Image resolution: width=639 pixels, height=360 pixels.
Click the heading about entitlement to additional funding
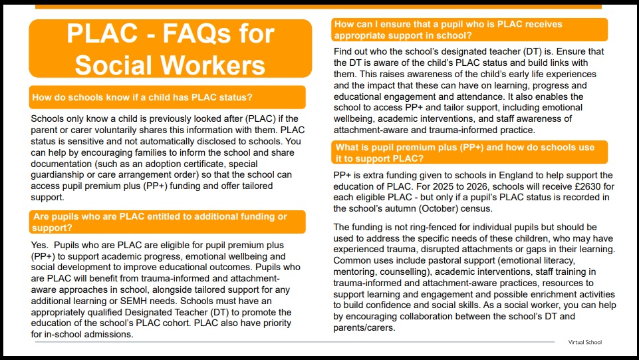point(160,222)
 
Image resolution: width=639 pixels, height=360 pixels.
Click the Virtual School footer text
point(584,342)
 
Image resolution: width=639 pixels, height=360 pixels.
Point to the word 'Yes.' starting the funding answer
point(40,246)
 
